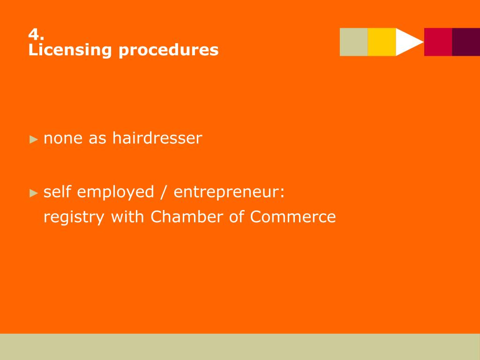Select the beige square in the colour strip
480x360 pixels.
pyautogui.click(x=354, y=42)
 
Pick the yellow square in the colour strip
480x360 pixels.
pyautogui.click(x=382, y=42)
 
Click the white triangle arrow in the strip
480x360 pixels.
pyautogui.click(x=407, y=42)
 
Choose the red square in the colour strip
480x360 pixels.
pyautogui.click(x=438, y=42)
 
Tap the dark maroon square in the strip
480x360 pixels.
pyautogui.click(x=466, y=42)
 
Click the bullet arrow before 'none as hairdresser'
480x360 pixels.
pyautogui.click(x=33, y=139)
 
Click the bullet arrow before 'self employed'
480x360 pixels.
pyautogui.click(x=33, y=193)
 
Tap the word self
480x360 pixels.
pyautogui.click(x=57, y=192)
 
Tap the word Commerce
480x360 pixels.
pyautogui.click(x=293, y=217)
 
